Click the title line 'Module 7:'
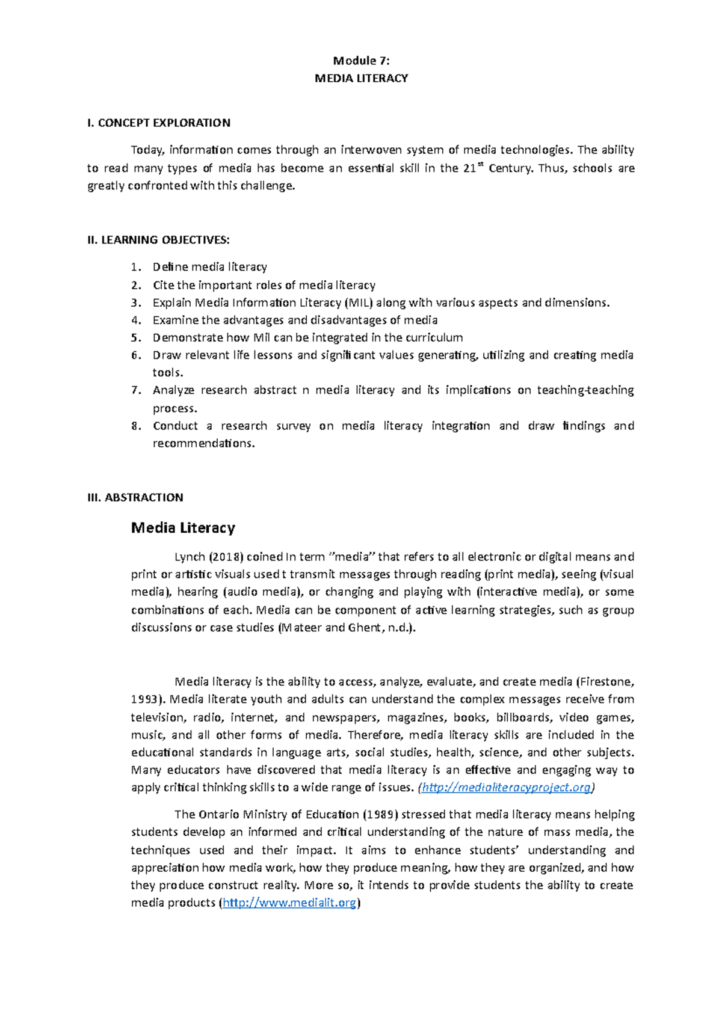pyautogui.click(x=361, y=61)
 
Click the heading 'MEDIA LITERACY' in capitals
pyautogui.click(x=361, y=78)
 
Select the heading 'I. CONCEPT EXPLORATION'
pyautogui.click(x=159, y=123)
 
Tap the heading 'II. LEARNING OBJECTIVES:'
pyautogui.click(x=159, y=241)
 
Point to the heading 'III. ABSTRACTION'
pyautogui.click(x=135, y=498)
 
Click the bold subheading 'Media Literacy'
pyautogui.click(x=183, y=528)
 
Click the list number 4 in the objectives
pyautogui.click(x=135, y=320)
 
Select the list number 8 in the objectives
pyautogui.click(x=135, y=426)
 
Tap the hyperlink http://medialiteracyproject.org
pyautogui.click(x=507, y=788)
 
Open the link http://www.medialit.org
pyautogui.click(x=289, y=903)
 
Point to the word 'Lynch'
pyautogui.click(x=190, y=557)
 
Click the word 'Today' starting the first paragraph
pyautogui.click(x=147, y=150)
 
